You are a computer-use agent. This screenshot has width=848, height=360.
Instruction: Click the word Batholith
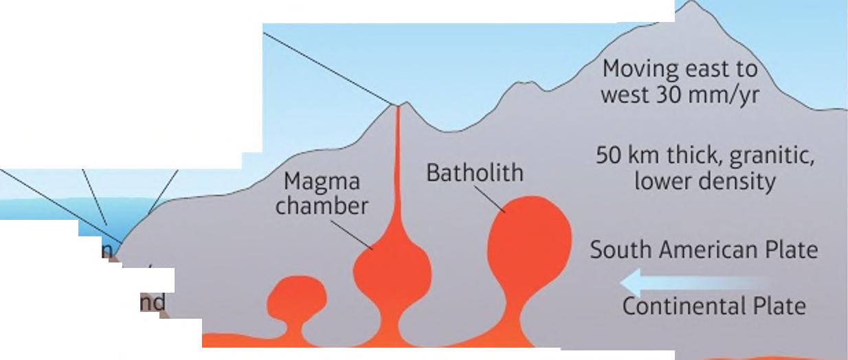(x=474, y=172)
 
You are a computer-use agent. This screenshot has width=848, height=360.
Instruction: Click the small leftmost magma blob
(x=296, y=297)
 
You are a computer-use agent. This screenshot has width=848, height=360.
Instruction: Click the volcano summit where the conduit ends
(x=397, y=106)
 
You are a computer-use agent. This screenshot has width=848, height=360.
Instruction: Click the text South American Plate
(x=704, y=249)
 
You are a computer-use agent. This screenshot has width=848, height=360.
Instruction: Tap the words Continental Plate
(x=713, y=305)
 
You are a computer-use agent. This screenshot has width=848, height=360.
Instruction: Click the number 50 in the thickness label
(x=608, y=157)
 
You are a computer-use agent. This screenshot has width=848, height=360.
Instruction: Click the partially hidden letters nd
(x=153, y=302)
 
